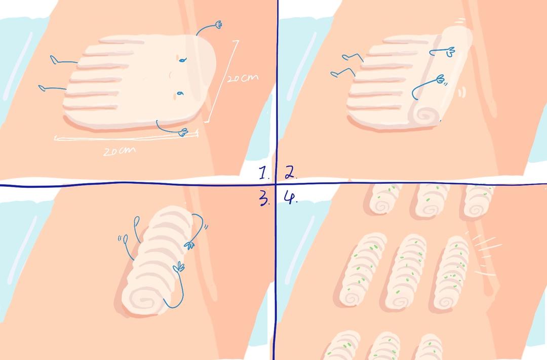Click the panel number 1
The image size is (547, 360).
[x=264, y=172]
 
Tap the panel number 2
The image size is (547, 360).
[x=291, y=172]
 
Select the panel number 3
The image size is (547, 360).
[x=264, y=198]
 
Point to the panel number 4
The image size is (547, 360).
[x=290, y=197]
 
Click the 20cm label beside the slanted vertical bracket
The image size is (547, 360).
[x=243, y=78]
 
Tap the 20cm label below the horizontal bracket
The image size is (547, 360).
[x=120, y=151]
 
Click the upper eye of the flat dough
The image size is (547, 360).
[x=182, y=60]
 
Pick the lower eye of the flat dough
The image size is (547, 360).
[x=180, y=94]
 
